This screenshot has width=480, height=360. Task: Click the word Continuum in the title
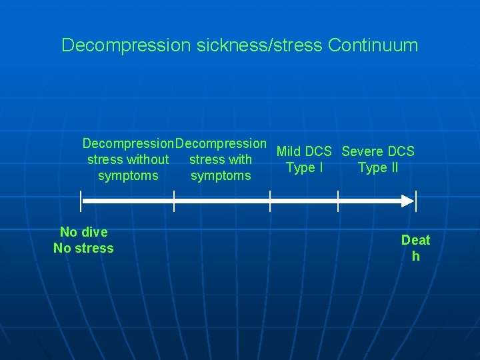(373, 45)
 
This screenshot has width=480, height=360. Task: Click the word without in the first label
(147, 159)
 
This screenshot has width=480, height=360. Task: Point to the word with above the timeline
(239, 159)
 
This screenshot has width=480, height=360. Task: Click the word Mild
(289, 151)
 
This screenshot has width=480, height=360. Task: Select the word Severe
(363, 151)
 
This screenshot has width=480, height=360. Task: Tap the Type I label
(305, 167)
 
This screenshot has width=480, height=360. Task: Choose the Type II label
(378, 167)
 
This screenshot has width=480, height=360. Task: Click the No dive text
(83, 232)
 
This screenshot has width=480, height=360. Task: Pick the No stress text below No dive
(83, 248)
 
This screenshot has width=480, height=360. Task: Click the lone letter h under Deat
(415, 257)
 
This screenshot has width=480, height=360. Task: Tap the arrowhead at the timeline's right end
(406, 200)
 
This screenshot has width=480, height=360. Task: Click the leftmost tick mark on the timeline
(81, 200)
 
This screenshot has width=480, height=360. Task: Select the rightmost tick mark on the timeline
(415, 200)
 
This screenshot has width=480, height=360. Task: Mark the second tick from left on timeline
(174, 200)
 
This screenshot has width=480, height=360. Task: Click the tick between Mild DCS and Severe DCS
(338, 200)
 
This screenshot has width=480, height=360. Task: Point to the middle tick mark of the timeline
(270, 200)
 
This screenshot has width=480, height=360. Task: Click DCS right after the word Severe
(401, 151)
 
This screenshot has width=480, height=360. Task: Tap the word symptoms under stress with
(221, 176)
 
